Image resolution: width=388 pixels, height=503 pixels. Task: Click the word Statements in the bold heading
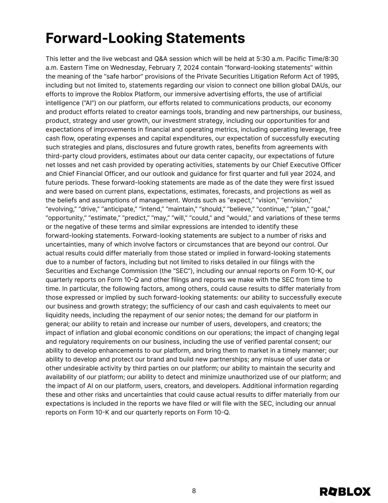point(206,38)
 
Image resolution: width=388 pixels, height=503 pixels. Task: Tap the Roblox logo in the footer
point(345,492)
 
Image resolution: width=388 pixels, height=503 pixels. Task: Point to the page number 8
point(194,491)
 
